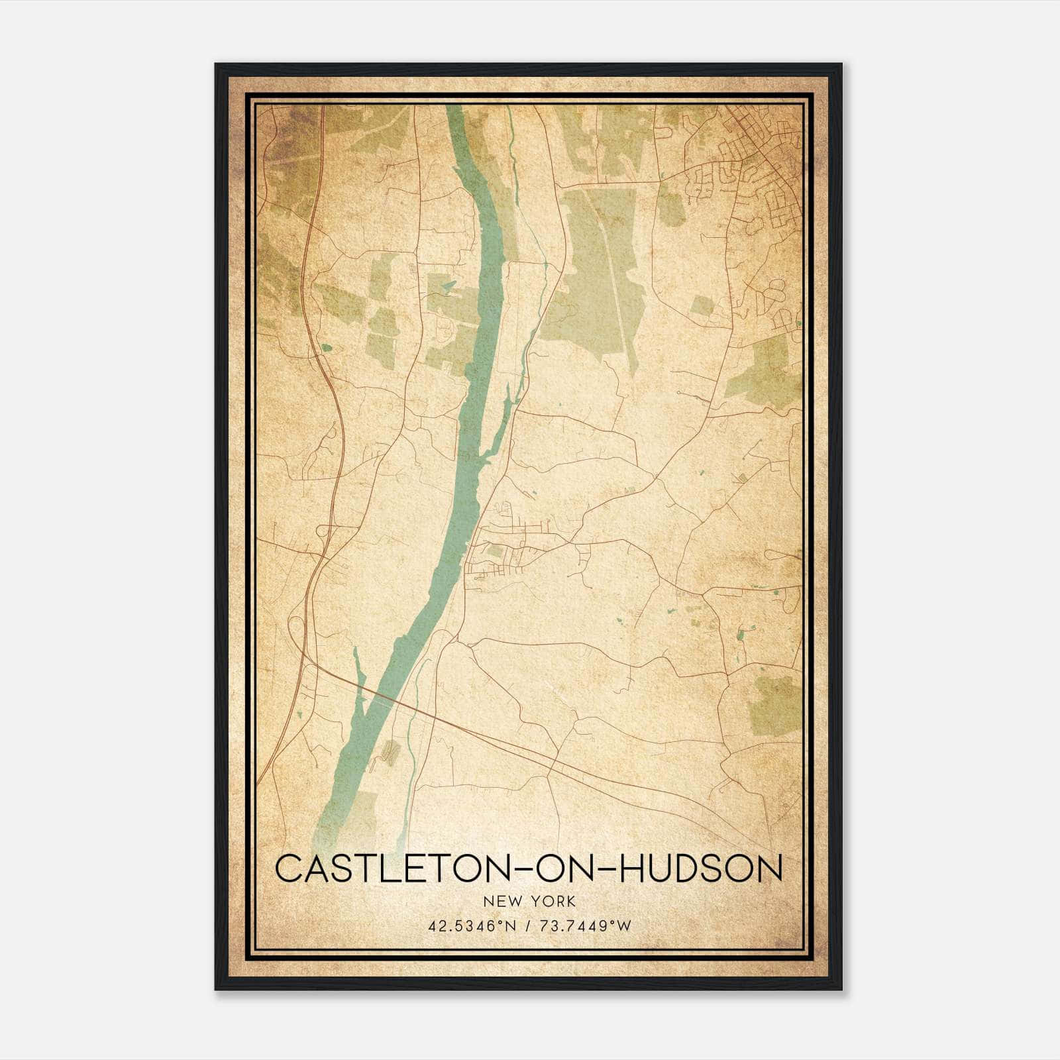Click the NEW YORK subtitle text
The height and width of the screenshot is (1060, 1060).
(x=529, y=901)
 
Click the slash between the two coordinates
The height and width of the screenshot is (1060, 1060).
(x=525, y=925)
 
